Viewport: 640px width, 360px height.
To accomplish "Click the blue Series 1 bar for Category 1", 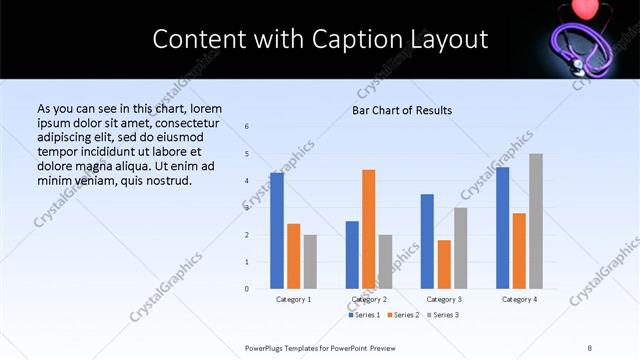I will tap(277, 231).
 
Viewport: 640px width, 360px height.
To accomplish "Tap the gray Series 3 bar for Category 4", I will tap(536, 221).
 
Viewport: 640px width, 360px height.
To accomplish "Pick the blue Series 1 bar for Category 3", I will tap(427, 241).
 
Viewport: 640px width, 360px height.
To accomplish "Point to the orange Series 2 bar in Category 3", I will tap(444, 264).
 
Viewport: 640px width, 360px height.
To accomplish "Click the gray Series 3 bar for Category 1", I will tap(310, 262).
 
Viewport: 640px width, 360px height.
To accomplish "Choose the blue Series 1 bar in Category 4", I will tap(503, 228).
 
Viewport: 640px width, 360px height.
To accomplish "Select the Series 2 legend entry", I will tap(405, 315).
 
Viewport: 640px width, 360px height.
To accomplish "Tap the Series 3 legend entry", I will tap(444, 315).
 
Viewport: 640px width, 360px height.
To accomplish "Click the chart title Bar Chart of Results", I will tap(402, 110).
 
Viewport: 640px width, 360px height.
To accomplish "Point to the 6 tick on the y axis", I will tap(247, 126).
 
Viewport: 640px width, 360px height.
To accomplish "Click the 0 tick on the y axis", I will tap(247, 289).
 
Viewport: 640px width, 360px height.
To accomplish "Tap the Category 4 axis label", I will tap(519, 299).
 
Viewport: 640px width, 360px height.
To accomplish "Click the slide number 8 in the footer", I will tap(589, 347).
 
